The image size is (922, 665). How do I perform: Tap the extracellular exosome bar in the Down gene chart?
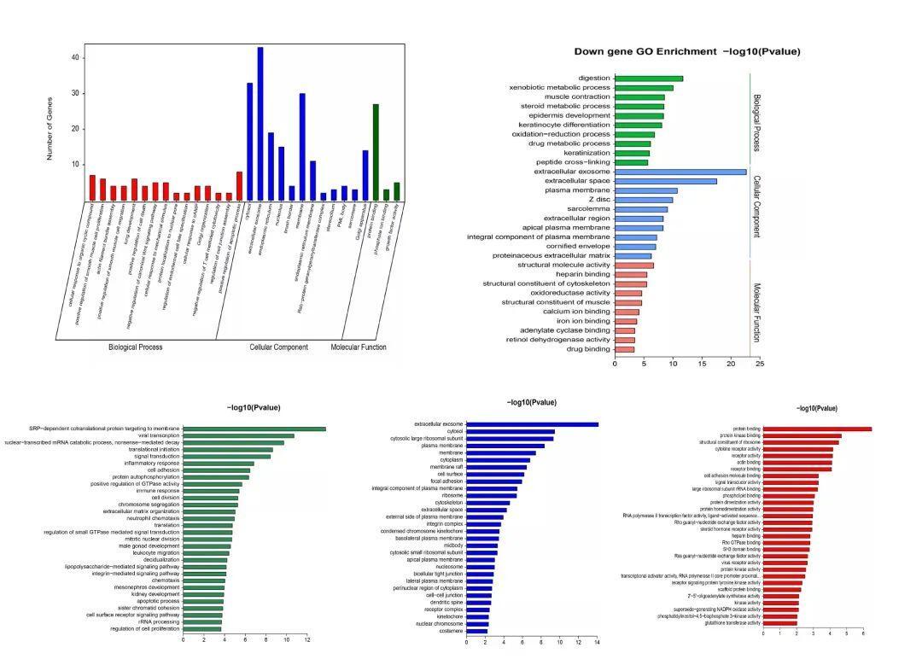680,172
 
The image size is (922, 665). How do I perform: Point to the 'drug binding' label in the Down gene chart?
588,349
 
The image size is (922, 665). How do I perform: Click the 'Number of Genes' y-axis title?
50,128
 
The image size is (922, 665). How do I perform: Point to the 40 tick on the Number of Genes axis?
75,57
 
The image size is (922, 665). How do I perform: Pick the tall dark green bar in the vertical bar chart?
376,152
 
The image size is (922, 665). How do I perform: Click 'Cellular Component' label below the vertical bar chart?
278,347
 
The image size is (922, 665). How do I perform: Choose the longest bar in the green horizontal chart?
254,429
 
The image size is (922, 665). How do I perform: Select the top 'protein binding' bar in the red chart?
817,429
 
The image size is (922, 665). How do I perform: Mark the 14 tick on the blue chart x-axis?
597,642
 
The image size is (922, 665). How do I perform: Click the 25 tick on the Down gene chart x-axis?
759,364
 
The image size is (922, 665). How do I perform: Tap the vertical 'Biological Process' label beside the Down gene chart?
756,123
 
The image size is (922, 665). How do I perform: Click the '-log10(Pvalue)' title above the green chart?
254,408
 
